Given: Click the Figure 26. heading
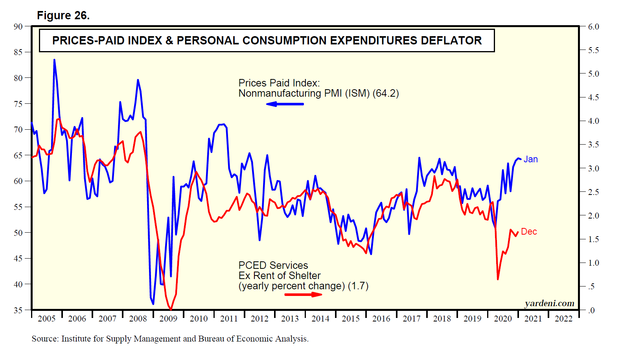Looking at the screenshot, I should (x=63, y=15).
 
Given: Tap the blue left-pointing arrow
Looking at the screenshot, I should (x=285, y=104).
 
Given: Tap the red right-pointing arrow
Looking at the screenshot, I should (x=303, y=294).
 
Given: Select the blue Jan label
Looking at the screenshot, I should (x=530, y=159).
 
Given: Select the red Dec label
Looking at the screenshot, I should (x=529, y=231).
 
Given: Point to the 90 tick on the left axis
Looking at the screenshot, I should (x=18, y=27).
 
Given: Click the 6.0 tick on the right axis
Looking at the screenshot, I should (x=593, y=27).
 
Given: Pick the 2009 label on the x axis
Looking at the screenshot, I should (x=168, y=319).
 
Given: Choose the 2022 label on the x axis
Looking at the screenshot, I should (x=563, y=319).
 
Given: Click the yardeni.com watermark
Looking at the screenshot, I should (x=549, y=303).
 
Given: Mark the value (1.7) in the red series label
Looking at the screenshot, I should (x=358, y=286).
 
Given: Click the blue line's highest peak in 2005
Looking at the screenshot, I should (x=54, y=60).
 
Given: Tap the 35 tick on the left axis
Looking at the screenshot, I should (x=18, y=310).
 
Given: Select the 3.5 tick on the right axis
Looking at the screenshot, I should (x=593, y=145).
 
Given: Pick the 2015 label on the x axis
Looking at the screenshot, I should (x=351, y=319).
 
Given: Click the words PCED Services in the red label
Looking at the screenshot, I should (x=273, y=265).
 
